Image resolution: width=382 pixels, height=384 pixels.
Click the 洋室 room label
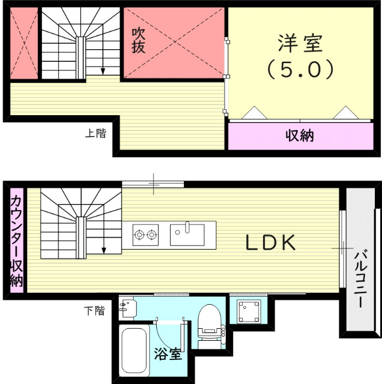click(300, 44)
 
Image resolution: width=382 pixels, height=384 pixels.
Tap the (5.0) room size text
click(300, 69)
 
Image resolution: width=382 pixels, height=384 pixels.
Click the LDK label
click(270, 243)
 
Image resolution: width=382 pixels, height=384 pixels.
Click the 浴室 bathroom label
click(168, 353)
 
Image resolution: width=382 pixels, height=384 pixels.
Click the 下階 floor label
click(94, 310)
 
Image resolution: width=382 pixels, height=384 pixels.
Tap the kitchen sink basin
click(187, 234)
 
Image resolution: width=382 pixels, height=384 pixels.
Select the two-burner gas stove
click(145, 233)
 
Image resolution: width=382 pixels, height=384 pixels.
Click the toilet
click(210, 321)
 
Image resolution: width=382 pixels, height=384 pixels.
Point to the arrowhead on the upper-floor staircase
click(103, 71)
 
